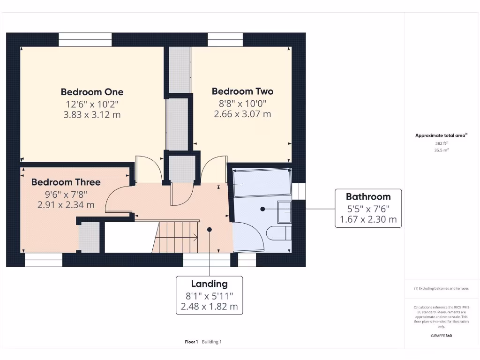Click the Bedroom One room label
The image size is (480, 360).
(x=92, y=92)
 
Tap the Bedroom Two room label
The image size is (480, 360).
(x=242, y=91)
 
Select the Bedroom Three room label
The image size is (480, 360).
(x=66, y=182)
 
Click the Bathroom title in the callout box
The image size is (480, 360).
(x=368, y=196)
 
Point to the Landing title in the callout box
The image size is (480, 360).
(x=209, y=284)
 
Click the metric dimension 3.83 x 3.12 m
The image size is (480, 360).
(x=92, y=114)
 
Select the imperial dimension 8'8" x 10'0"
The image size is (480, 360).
(x=242, y=103)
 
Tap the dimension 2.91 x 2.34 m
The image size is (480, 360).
(x=66, y=205)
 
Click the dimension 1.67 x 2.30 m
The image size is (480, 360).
(x=368, y=219)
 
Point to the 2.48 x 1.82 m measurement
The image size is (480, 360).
(x=209, y=307)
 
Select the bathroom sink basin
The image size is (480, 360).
(x=285, y=211)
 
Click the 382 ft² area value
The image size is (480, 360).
(x=441, y=143)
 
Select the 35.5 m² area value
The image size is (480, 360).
(x=441, y=150)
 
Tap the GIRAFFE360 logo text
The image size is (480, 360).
(x=441, y=336)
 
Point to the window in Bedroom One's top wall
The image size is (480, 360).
(x=85, y=40)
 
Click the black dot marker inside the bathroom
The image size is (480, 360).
(x=263, y=209)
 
